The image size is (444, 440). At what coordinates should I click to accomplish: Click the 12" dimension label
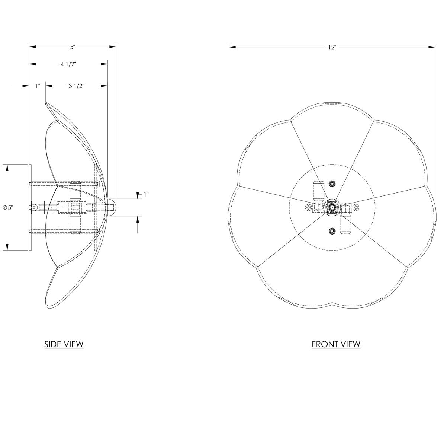(x=332, y=47)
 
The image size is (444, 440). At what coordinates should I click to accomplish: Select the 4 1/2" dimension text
(x=68, y=64)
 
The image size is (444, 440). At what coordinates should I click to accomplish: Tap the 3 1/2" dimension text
(x=77, y=86)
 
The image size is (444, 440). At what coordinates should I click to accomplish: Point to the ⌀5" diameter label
(x=8, y=207)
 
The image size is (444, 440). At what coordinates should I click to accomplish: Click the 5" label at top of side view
(x=73, y=47)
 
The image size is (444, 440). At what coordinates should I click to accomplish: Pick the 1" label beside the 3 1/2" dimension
(x=38, y=86)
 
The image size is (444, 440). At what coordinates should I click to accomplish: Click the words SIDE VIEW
(x=64, y=344)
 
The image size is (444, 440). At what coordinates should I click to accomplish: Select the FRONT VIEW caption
(x=336, y=344)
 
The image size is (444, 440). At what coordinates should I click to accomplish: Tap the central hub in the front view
(x=332, y=207)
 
